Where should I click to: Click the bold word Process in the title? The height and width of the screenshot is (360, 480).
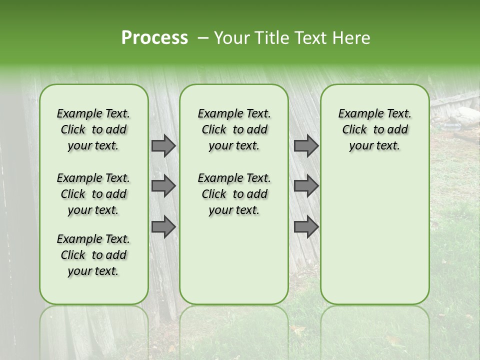[154, 37]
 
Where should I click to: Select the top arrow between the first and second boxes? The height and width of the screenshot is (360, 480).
[163, 145]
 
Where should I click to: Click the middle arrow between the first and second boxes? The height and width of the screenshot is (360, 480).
[163, 186]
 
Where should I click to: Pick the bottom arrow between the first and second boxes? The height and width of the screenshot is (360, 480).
[163, 227]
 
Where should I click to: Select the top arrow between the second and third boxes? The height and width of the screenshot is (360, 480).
[306, 145]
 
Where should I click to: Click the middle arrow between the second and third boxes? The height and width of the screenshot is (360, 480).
[306, 186]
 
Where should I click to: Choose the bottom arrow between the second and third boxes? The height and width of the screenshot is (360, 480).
[306, 227]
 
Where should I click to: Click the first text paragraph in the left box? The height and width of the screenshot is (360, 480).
[93, 129]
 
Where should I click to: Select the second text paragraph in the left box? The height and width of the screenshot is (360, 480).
[93, 194]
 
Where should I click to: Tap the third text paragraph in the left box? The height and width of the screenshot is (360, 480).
[93, 255]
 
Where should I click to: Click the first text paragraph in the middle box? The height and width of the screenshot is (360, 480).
[234, 129]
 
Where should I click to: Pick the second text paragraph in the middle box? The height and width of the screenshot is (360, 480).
[234, 194]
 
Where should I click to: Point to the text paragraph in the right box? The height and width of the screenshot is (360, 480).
[374, 129]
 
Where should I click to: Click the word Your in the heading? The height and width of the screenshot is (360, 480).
[230, 37]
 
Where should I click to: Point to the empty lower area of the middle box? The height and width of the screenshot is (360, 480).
[234, 260]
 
